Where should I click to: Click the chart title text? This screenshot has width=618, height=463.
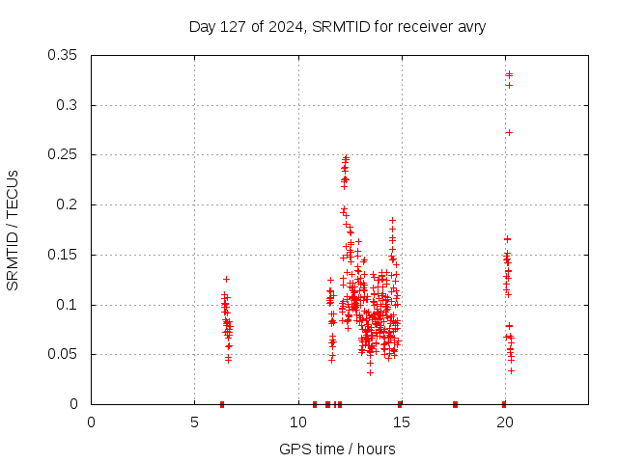(337, 26)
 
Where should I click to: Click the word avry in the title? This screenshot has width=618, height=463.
(468, 26)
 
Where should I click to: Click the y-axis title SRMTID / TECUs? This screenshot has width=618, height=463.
(14, 230)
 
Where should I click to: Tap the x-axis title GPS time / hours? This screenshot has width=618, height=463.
(337, 449)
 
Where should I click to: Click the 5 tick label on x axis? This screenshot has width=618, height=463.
(194, 422)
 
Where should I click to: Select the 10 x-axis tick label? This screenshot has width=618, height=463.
(297, 422)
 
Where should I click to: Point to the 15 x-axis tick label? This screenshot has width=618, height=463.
(401, 422)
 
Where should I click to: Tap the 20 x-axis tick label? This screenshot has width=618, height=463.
(504, 422)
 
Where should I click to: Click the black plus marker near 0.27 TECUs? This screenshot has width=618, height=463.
(509, 132)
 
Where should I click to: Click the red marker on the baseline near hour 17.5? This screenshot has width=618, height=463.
(455, 404)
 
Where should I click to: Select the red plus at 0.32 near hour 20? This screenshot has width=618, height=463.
(509, 85)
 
